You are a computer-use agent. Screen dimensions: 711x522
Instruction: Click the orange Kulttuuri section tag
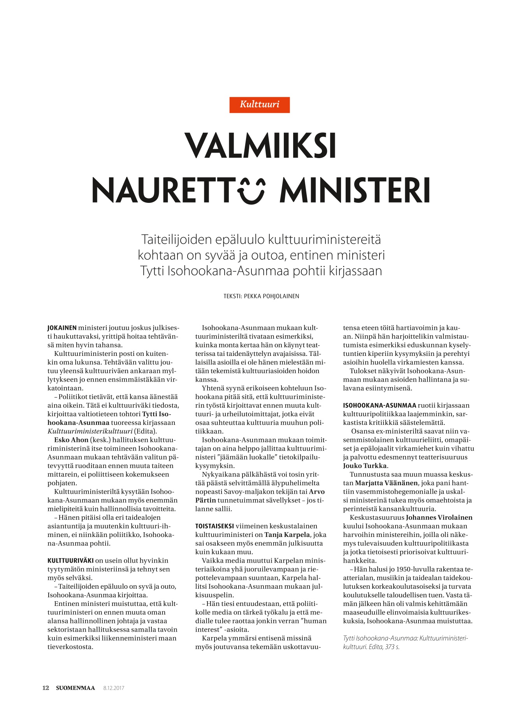click(259, 105)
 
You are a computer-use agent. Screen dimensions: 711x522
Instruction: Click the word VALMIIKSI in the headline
click(260, 146)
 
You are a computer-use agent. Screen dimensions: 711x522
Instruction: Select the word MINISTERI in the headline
click(355, 190)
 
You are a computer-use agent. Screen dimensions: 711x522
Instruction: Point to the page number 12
click(46, 688)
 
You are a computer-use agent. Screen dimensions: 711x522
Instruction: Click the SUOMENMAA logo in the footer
click(76, 688)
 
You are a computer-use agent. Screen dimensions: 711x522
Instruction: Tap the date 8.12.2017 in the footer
click(114, 688)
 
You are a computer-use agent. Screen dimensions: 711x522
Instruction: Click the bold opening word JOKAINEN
click(62, 328)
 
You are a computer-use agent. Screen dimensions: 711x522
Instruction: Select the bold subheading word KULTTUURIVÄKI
click(70, 561)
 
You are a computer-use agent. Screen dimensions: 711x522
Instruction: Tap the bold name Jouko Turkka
click(365, 466)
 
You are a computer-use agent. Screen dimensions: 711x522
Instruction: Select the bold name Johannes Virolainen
click(439, 517)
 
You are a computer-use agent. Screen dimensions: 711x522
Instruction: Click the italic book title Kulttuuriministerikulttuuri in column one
click(90, 431)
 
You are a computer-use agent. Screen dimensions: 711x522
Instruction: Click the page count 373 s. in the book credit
click(392, 647)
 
